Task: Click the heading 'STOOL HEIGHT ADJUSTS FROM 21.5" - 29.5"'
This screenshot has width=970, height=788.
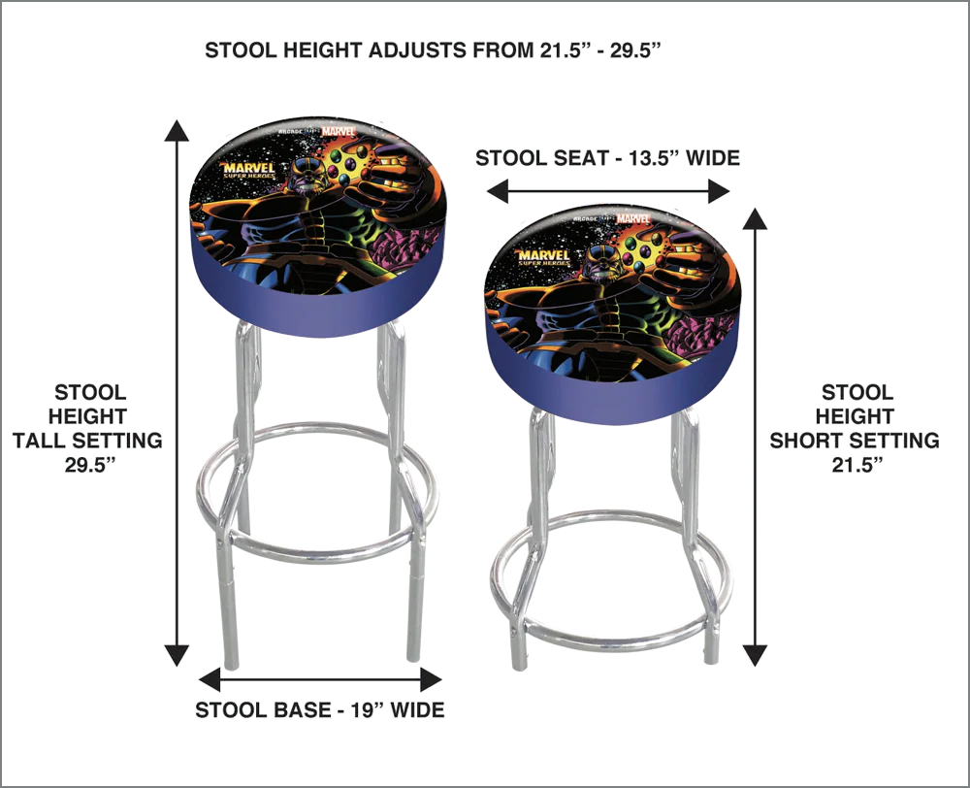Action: [x=433, y=50]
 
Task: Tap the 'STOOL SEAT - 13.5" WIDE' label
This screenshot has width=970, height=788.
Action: [x=607, y=158]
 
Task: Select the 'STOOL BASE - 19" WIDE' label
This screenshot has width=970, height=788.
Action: [x=320, y=709]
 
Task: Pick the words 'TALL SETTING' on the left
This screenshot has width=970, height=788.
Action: [x=87, y=441]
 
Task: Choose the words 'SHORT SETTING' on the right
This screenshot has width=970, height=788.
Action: [x=855, y=441]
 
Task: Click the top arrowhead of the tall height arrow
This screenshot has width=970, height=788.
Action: [x=177, y=131]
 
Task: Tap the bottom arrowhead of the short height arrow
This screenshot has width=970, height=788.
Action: [x=755, y=655]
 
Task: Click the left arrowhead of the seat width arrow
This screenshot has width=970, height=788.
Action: [x=498, y=190]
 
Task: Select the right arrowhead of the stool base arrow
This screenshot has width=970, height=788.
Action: [x=431, y=679]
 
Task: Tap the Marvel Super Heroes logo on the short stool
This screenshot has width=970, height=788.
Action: [x=544, y=257]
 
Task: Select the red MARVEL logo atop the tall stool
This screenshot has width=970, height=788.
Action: [x=339, y=131]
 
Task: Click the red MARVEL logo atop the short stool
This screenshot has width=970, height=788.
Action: [x=632, y=218]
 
